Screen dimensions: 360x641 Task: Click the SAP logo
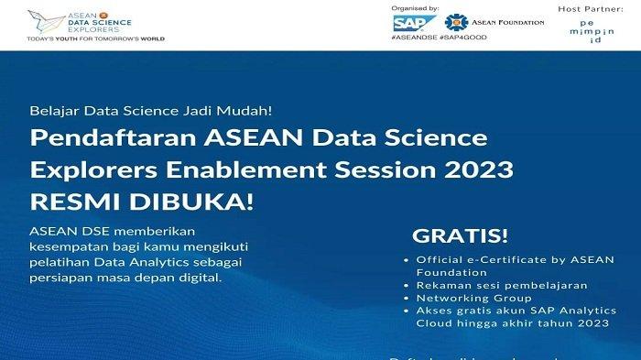(409, 22)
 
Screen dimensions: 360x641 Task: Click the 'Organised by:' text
(416, 8)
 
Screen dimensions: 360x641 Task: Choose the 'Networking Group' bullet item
(474, 298)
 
